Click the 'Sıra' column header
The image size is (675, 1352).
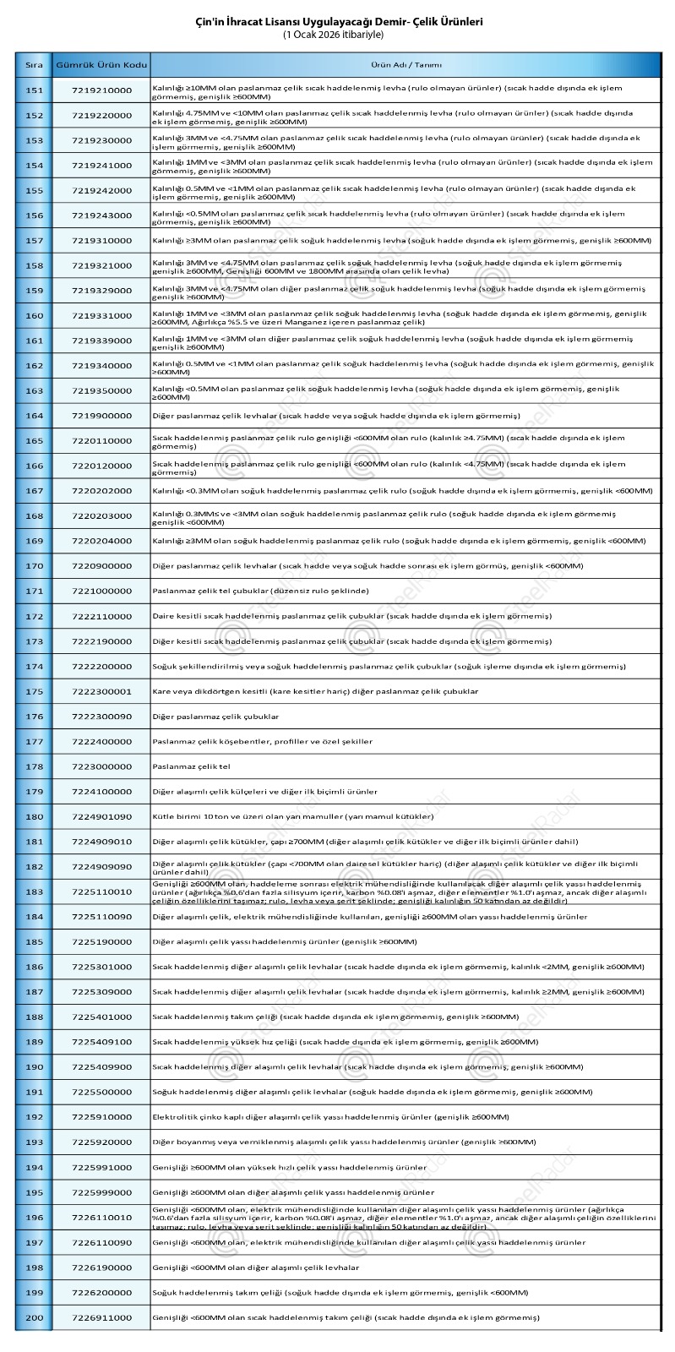pos(34,65)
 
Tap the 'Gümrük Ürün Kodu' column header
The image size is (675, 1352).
pos(101,65)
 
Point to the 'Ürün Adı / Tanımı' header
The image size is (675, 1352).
pos(405,65)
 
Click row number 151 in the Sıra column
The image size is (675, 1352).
pos(34,90)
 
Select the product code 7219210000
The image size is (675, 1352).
pos(101,90)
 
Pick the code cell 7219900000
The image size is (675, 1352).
pos(101,416)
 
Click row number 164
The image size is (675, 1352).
pos(34,416)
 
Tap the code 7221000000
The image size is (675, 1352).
pos(101,591)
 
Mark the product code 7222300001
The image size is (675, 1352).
pos(101,691)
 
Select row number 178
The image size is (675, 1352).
pos(34,766)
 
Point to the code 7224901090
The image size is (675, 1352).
pos(101,816)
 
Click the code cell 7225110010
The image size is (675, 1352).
pos(101,891)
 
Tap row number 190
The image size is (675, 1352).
pos(34,1067)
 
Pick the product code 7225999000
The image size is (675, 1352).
pos(101,1192)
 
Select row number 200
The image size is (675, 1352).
pos(34,1317)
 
